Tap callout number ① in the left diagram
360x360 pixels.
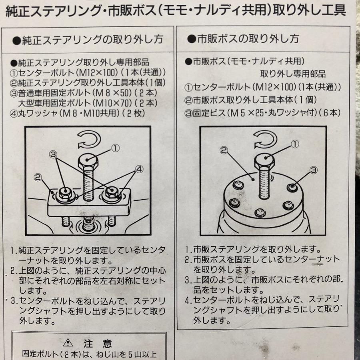(116, 148)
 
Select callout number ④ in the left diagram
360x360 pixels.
(139, 169)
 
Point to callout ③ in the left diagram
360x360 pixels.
(53, 154)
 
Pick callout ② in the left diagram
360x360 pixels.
(38, 177)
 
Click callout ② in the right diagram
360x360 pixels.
(224, 150)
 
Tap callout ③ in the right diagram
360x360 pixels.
(314, 170)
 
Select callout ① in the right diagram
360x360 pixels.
(295, 144)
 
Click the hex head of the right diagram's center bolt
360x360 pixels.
(264, 161)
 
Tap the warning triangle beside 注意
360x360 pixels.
(68, 343)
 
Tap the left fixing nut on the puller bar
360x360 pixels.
(65, 194)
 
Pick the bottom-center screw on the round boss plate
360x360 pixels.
(260, 212)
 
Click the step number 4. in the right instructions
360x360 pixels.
(188, 300)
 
